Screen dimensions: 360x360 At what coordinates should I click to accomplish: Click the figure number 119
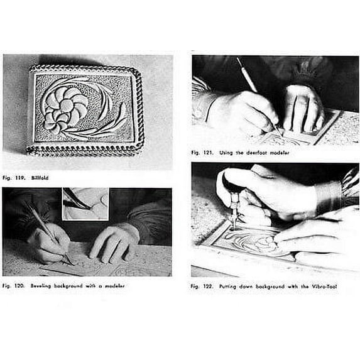(21, 178)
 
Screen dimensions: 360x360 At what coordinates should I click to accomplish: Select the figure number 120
(21, 286)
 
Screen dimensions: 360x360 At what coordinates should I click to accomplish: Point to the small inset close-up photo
(85, 204)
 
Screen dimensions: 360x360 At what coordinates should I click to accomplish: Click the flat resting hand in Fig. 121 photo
(302, 107)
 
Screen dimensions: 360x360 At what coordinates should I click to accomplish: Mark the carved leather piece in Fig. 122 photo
(251, 242)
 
